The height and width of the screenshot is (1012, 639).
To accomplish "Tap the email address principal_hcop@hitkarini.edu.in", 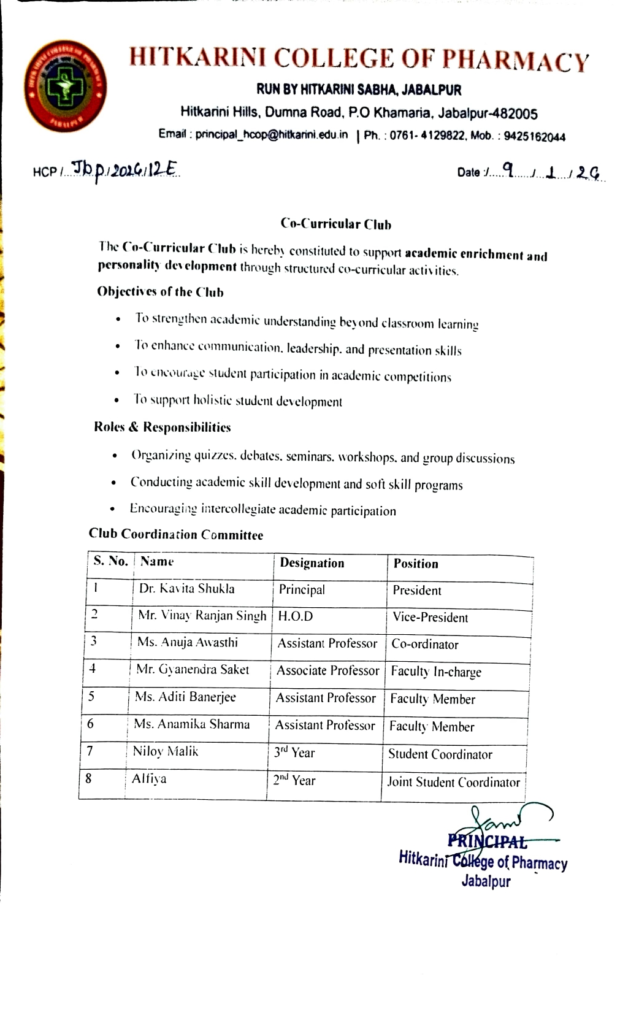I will click(x=271, y=134).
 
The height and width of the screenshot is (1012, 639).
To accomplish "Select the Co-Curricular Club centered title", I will click(x=335, y=224).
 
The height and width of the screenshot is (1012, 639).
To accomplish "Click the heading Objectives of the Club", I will click(x=160, y=292).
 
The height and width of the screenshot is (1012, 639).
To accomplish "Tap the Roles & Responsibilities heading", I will click(x=163, y=427).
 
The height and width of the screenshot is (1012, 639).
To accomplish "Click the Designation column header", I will click(x=312, y=563).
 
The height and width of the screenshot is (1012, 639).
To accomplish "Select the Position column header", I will click(x=415, y=564).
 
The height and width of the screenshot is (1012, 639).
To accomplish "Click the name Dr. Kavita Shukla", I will click(x=186, y=589).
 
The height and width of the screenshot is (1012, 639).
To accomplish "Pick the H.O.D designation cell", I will click(x=295, y=616).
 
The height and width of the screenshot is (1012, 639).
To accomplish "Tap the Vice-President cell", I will click(x=430, y=618).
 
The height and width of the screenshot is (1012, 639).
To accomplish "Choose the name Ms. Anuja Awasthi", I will click(x=187, y=642).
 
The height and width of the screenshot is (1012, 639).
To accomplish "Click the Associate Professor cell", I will click(x=327, y=670).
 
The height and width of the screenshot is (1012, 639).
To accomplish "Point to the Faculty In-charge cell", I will click(x=435, y=672).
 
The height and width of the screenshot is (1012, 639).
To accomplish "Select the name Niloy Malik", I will click(x=165, y=751).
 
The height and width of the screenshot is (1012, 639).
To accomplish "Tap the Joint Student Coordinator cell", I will click(x=453, y=782).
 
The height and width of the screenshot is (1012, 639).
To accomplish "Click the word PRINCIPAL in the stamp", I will click(x=487, y=841).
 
